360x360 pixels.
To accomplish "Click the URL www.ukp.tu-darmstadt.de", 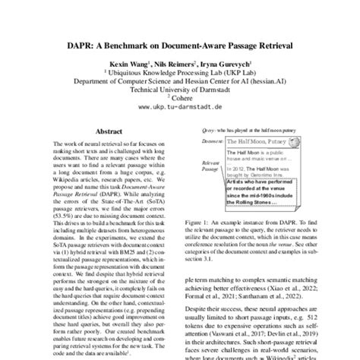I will pyautogui.click(x=179, y=109).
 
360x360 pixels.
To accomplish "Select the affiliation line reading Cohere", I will pyautogui.click(x=181, y=100).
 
